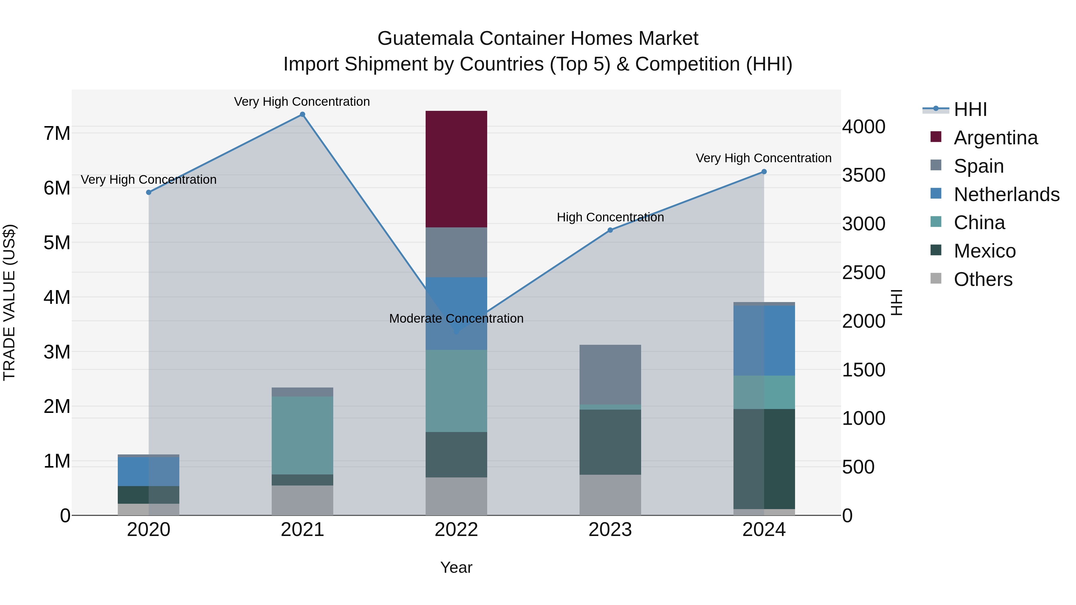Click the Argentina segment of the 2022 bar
[x=456, y=169]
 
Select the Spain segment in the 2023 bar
[x=610, y=375]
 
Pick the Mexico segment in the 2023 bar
[x=610, y=442]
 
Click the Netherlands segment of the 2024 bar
[x=764, y=340]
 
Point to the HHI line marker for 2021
[x=302, y=114]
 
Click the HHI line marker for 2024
[x=764, y=171]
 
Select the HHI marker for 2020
[x=149, y=192]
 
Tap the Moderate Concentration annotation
[x=456, y=318]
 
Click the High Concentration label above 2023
[x=610, y=217]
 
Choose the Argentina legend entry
[x=995, y=138]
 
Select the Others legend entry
[x=982, y=279]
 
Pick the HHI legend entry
[x=970, y=109]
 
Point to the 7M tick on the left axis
[x=57, y=134]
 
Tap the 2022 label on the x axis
[x=456, y=530]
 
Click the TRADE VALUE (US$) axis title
[x=9, y=303]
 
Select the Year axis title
[x=456, y=567]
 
